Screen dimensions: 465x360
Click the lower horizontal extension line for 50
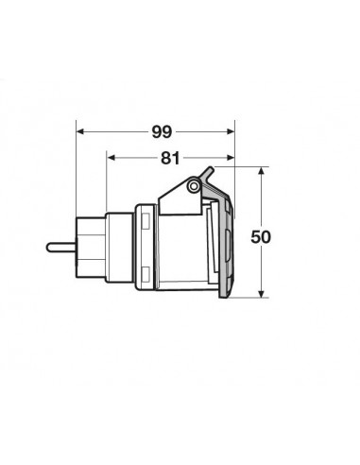pyautogui.click(x=250, y=297)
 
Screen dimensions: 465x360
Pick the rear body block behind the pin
pyautogui.click(x=91, y=248)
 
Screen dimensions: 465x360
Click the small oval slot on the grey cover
pyautogui.click(x=231, y=249)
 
